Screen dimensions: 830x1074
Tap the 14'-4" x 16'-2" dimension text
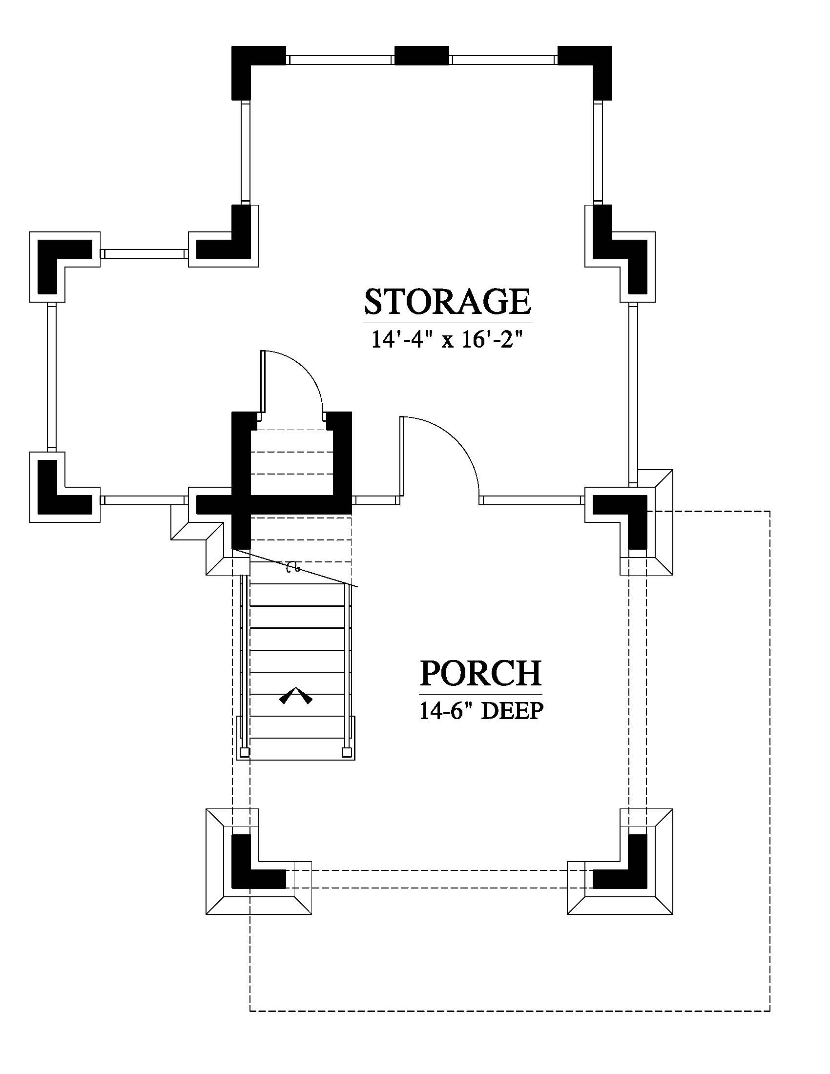[x=445, y=340]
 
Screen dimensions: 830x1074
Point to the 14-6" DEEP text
[x=481, y=711]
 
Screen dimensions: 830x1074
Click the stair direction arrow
[x=295, y=695]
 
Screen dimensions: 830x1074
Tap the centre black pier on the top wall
[x=422, y=56]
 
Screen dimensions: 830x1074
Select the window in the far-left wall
[x=52, y=377]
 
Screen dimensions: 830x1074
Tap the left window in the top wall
[x=340, y=60]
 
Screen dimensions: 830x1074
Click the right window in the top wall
[x=503, y=60]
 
